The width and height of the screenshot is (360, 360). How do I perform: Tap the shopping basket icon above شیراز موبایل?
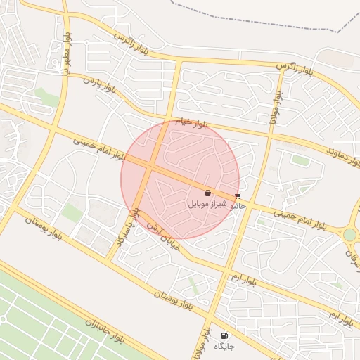coord(207,193)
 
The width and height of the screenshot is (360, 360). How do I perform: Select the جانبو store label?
coord(239,207)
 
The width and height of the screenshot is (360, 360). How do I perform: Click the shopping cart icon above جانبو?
coord(238,196)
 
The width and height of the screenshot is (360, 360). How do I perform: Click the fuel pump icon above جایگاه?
coord(224,335)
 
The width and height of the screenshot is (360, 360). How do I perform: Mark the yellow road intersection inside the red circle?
coord(150,168)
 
